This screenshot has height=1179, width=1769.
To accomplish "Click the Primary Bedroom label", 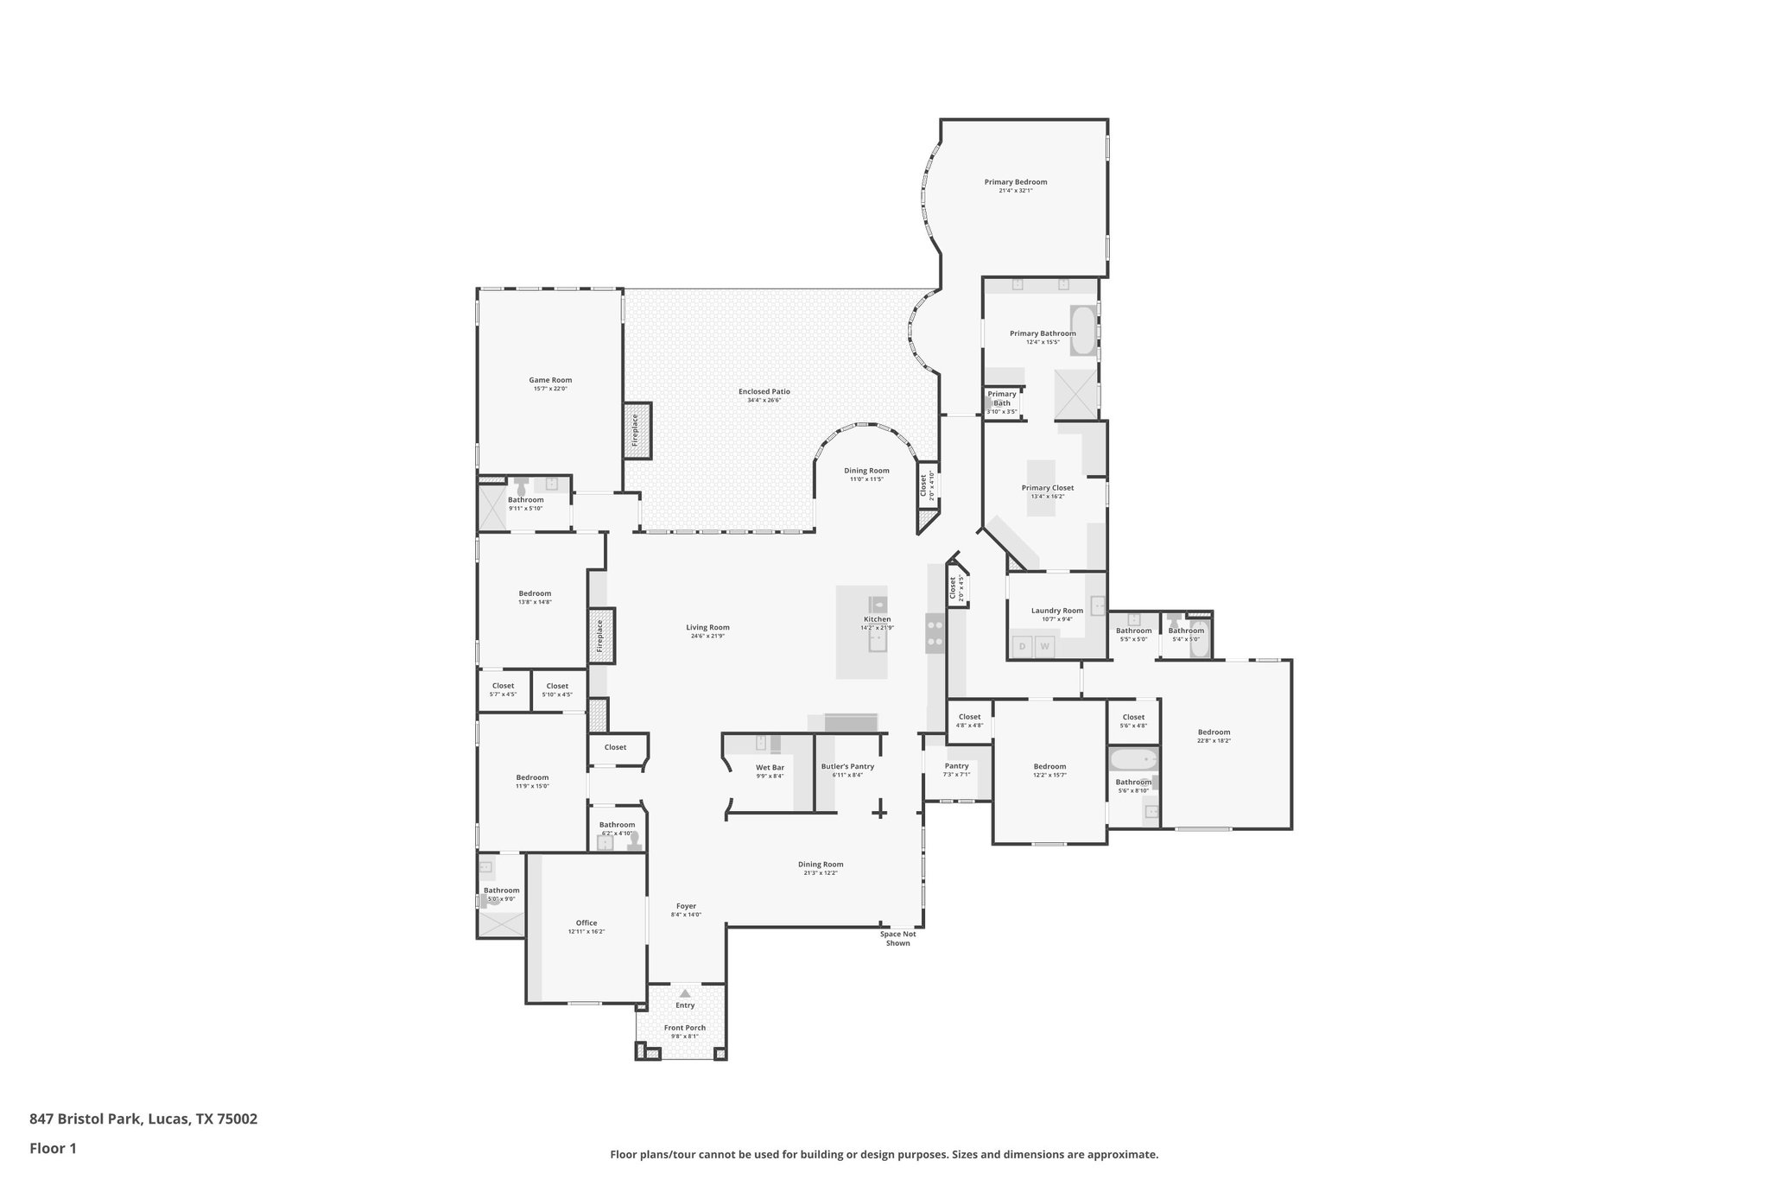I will (1015, 182).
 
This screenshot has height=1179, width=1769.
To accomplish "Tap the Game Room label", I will (550, 380).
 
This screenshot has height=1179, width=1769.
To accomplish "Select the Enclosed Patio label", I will (764, 392).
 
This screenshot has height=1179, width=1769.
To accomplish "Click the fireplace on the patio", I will (637, 430).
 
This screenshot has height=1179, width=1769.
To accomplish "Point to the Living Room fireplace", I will (601, 636).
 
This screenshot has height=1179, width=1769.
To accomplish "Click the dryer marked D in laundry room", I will (1023, 646).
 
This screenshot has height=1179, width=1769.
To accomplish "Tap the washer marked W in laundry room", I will (1045, 646).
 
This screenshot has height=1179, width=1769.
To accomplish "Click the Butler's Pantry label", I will (847, 767).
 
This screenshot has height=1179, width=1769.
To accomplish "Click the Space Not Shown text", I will (897, 938).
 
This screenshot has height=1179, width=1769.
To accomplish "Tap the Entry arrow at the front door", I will (685, 994).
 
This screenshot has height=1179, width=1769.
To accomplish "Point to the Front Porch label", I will (684, 1028).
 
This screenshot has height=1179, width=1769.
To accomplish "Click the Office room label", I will (586, 923).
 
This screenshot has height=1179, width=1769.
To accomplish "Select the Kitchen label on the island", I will (877, 619).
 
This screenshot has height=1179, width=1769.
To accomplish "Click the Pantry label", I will (956, 766).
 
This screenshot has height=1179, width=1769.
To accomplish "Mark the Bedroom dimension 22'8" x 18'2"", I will (1214, 741).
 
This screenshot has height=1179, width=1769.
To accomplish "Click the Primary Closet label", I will (1047, 488).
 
